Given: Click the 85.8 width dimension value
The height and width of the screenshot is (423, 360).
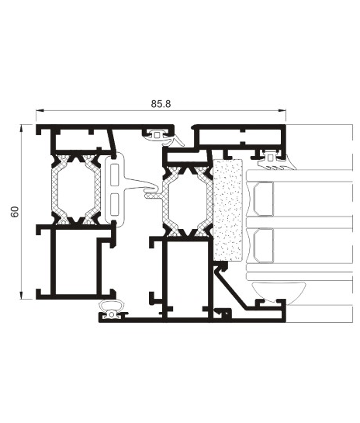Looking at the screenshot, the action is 161,104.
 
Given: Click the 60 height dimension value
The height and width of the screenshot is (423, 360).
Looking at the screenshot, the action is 15,211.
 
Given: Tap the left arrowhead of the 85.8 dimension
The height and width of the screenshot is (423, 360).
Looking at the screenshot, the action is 40,110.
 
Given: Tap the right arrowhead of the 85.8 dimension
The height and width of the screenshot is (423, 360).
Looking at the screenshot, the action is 282,110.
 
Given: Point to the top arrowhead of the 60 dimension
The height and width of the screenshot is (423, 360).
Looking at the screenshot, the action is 21,128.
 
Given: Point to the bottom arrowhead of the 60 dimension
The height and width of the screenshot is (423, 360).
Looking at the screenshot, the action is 21,296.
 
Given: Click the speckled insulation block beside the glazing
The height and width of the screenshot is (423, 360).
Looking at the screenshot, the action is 228,210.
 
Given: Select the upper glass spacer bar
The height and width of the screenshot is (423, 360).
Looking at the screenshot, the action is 264,199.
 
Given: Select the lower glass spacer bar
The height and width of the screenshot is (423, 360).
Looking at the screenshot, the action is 264,245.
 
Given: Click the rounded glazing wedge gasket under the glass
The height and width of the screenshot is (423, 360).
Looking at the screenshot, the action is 279,291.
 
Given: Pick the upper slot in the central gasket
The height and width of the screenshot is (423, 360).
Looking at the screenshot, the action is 114,175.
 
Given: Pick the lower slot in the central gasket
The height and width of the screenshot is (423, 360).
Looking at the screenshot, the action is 114,204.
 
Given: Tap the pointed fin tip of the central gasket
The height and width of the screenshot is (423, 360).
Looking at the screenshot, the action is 158,186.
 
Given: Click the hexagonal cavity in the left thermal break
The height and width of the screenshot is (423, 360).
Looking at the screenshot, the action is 76,189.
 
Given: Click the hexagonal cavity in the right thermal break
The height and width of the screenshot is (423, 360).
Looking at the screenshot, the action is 188,201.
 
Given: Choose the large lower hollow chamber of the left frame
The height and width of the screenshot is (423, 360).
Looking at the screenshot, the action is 76,262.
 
